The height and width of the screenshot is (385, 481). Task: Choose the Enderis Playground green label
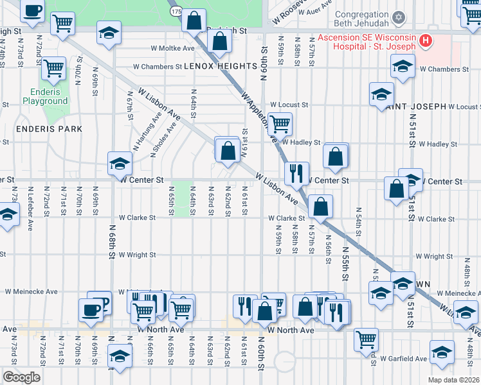pos(45,96)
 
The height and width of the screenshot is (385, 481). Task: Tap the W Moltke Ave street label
pos(172,47)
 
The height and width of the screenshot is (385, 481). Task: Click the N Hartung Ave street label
pos(138,127)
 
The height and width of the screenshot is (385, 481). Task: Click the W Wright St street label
pos(137,255)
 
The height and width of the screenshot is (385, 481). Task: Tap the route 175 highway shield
pos(176,12)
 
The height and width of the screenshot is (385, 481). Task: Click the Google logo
pos(21,377)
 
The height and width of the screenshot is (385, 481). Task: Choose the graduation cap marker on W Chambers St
pos(403,67)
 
